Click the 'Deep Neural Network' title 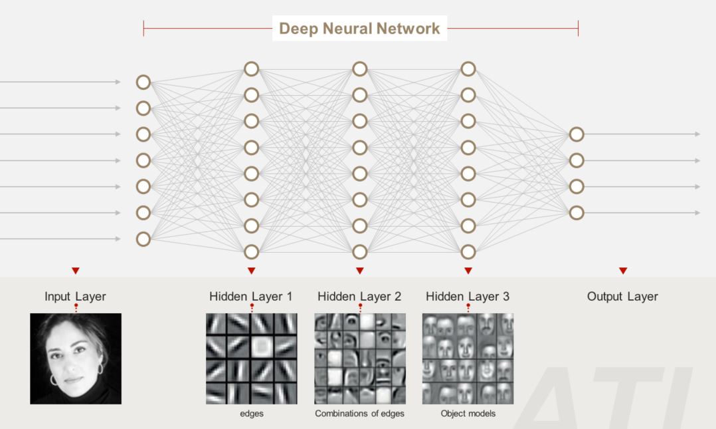tap(359, 29)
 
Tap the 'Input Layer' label tap(75, 297)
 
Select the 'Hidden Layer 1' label tap(250, 297)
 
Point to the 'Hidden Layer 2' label tap(359, 297)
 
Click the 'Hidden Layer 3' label tap(468, 297)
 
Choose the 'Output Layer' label tap(622, 297)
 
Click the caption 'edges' tap(250, 414)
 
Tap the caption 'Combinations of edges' tap(359, 414)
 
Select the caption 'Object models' tap(468, 414)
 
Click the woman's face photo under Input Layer tap(76, 358)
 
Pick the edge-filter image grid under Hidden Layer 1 tap(251, 358)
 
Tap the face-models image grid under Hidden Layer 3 tap(468, 358)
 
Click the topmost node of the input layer tap(143, 82)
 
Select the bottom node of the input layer tap(143, 239)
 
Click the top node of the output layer tap(577, 134)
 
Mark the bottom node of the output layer tap(577, 213)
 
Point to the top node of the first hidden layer tap(251, 69)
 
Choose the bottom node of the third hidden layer tap(468, 252)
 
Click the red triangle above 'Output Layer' tap(622, 271)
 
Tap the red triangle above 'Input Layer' tap(75, 271)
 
